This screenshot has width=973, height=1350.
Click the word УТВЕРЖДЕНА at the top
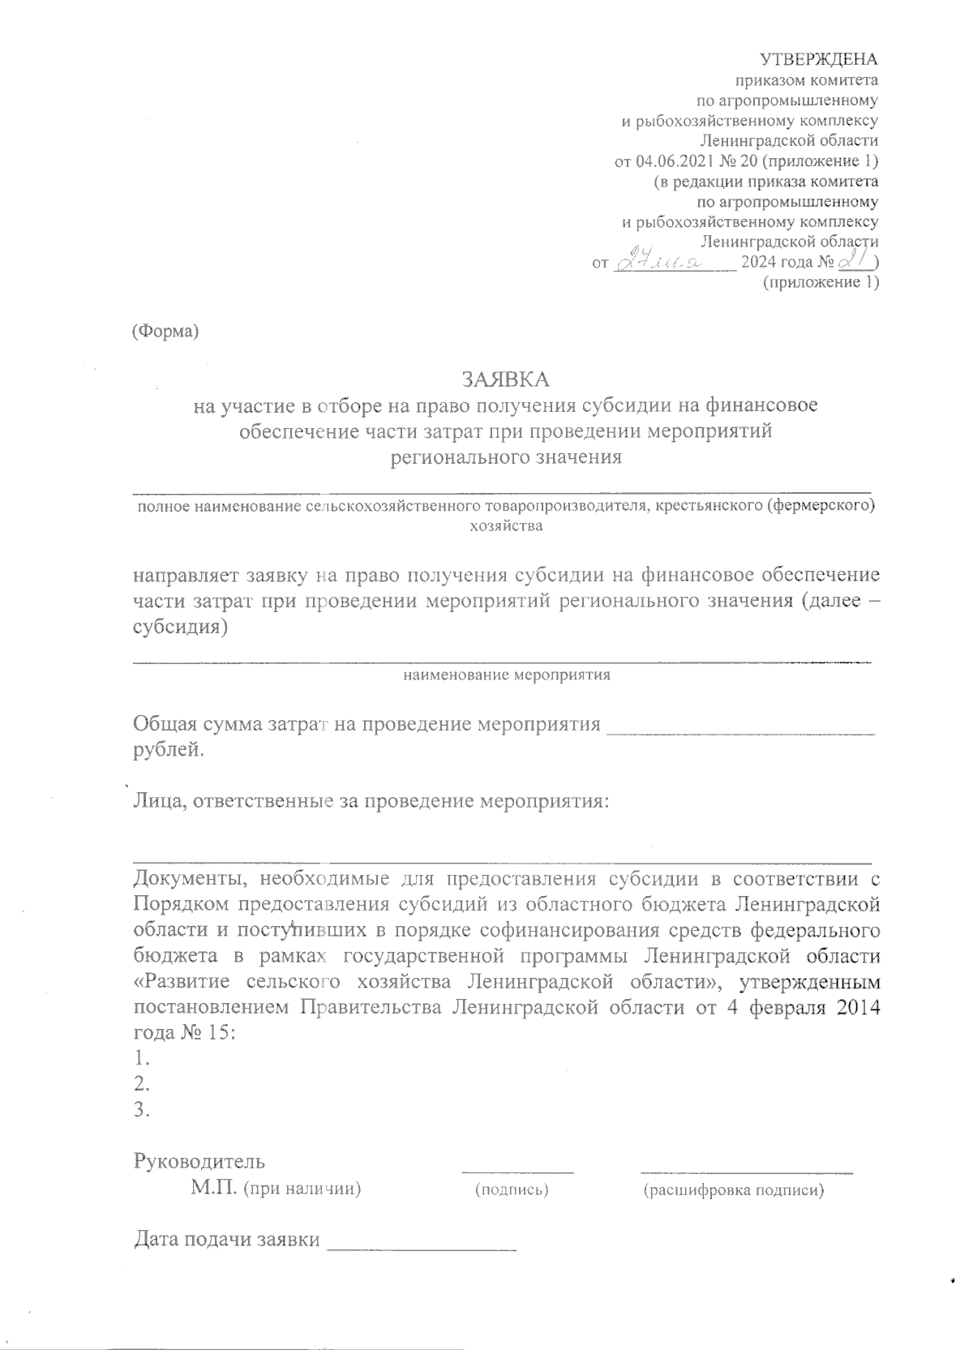coord(818,59)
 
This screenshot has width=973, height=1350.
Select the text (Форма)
coord(165,332)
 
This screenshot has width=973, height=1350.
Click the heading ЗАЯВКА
coord(505,379)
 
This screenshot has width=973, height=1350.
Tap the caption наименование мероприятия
coord(507,675)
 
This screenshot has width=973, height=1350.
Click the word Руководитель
coord(199,1161)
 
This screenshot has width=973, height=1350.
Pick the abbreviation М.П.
coord(212,1189)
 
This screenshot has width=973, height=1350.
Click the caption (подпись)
coord(512,1190)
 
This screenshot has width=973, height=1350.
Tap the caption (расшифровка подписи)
coord(734,1190)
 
